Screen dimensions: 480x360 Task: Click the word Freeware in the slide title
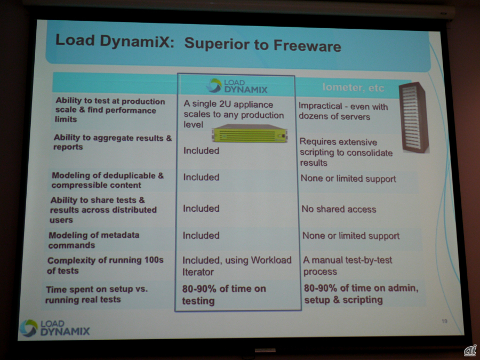[x=307, y=45]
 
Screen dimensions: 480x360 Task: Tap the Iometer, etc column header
[x=353, y=87]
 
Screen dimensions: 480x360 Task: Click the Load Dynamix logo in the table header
[x=237, y=86]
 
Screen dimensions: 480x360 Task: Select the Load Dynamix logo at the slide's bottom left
[x=55, y=328]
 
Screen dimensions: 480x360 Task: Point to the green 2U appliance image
[x=250, y=133]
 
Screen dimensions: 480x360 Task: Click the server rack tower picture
[x=414, y=117]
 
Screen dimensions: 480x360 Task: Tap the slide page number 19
[x=444, y=321]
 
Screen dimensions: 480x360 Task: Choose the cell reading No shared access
[x=339, y=209]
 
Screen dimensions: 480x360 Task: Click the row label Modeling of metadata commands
[x=94, y=240]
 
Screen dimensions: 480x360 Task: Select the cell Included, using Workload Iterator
[x=237, y=266]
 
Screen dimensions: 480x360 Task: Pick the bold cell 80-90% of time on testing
[x=224, y=294]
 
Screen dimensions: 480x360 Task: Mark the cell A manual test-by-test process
[x=348, y=266]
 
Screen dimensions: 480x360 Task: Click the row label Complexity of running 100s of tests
[x=105, y=265]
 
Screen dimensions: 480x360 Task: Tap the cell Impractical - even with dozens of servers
[x=343, y=111]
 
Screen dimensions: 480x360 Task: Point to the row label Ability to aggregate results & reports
[x=113, y=142]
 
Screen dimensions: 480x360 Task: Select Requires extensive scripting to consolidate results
[x=346, y=152]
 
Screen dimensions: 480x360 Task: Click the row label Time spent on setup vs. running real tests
[x=97, y=294]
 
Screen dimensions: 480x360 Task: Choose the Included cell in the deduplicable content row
[x=201, y=177]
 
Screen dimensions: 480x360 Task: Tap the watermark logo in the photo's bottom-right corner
[x=470, y=350]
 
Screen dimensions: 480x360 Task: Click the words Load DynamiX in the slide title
[x=115, y=41]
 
